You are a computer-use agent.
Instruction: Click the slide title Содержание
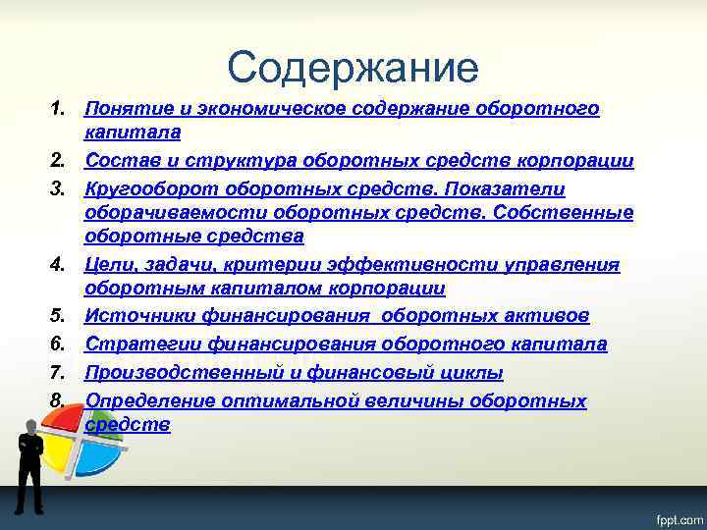click(x=353, y=67)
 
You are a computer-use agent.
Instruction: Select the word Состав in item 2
click(x=118, y=160)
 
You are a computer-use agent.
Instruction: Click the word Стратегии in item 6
click(x=138, y=344)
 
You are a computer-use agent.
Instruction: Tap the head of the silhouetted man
click(x=29, y=426)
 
